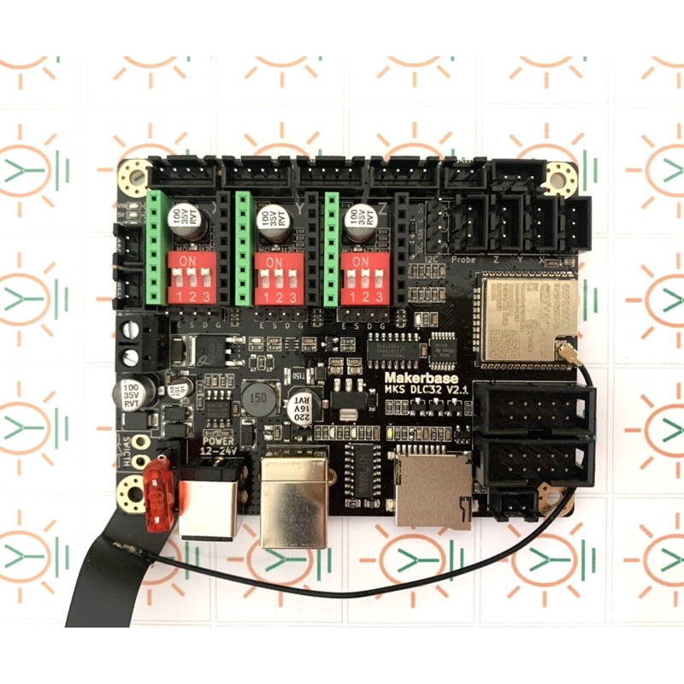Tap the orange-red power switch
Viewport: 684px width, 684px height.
(x=159, y=496)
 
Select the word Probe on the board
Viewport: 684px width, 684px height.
(x=463, y=259)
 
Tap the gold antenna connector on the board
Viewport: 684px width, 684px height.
(x=565, y=351)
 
